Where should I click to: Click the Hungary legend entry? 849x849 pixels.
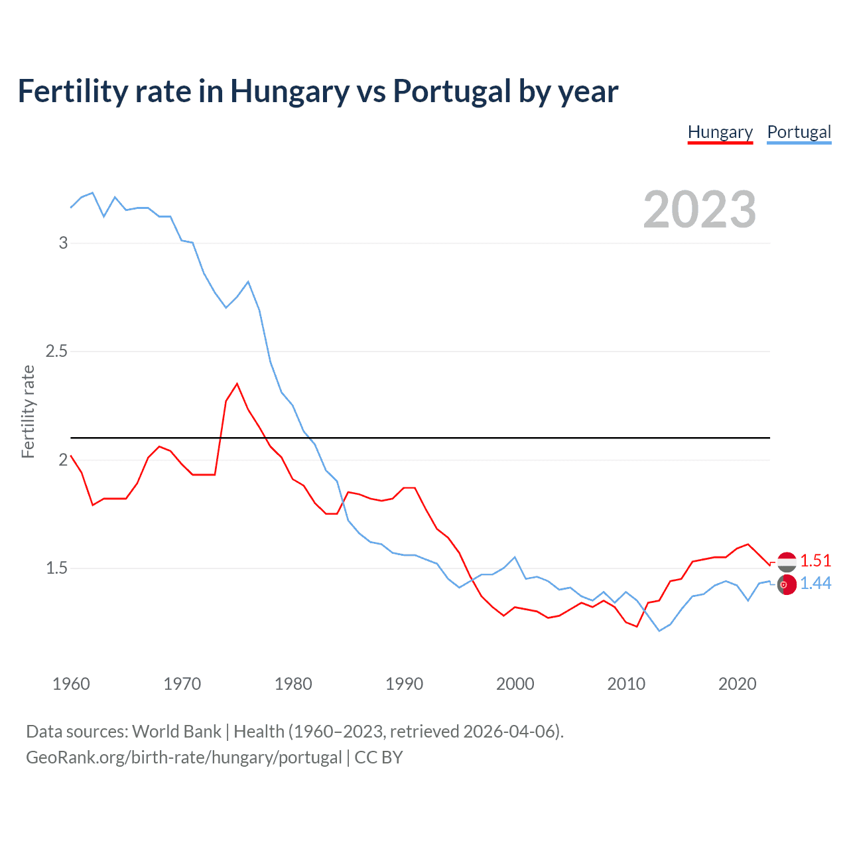click(720, 132)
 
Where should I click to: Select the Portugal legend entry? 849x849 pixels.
click(799, 132)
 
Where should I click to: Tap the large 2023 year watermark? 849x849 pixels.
click(699, 210)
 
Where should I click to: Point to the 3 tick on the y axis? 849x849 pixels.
click(64, 243)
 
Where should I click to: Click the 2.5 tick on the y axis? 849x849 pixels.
click(57, 351)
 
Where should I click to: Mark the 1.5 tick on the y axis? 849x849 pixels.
click(57, 568)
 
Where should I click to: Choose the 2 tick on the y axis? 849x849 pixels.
click(64, 460)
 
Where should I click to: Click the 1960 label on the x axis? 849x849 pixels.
click(71, 684)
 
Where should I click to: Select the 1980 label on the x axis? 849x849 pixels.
click(293, 684)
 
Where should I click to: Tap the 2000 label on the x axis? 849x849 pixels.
click(515, 684)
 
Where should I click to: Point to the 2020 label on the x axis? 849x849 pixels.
click(737, 684)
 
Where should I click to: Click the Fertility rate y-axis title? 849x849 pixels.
click(28, 411)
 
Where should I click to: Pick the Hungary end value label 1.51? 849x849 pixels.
click(815, 560)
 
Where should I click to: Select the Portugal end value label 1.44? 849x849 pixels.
click(815, 583)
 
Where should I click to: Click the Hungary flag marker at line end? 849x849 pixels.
click(787, 562)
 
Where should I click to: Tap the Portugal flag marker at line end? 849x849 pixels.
click(787, 585)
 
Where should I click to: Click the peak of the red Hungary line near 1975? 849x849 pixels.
click(237, 383)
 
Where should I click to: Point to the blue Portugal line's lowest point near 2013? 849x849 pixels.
click(659, 631)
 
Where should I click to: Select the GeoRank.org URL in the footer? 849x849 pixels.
click(184, 757)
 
